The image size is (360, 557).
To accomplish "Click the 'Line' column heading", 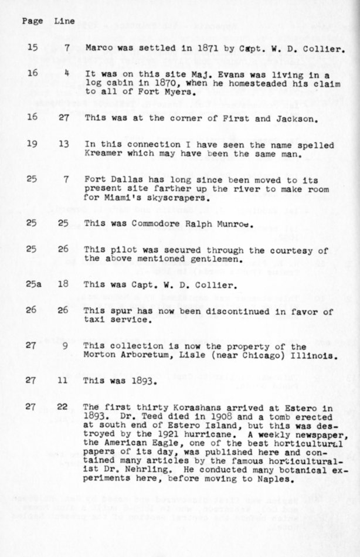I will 64,21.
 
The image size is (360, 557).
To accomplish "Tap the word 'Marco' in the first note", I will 97,49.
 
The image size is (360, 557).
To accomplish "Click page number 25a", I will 33,284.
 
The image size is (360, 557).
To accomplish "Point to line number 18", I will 63,284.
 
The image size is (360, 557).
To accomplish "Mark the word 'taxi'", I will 95,320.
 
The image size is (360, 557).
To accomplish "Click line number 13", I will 63,145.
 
